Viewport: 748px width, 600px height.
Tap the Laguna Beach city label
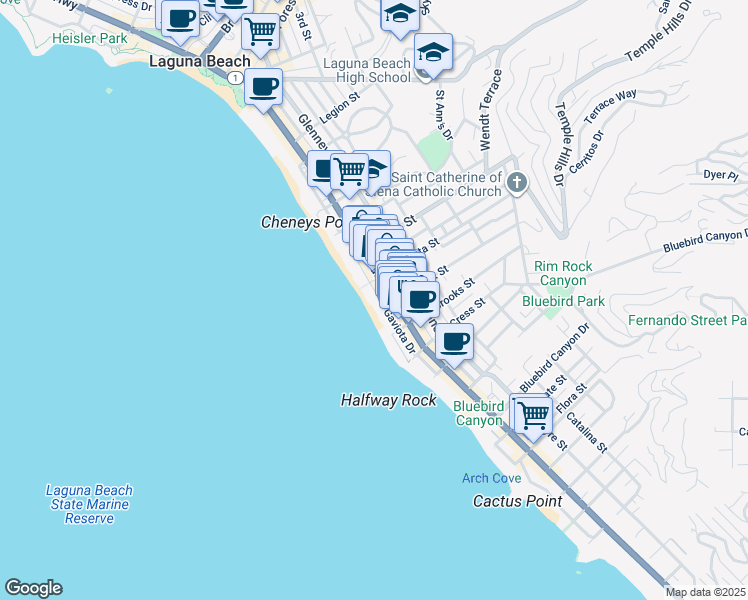[199, 61]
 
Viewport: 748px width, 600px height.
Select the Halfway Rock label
[389, 400]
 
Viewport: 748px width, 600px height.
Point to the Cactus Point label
[517, 501]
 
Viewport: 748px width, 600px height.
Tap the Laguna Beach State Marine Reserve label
[89, 504]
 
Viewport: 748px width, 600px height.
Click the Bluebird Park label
[563, 300]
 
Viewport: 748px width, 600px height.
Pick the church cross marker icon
[516, 181]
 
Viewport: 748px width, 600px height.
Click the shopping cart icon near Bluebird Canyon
[534, 413]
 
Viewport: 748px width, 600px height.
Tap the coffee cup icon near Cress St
[454, 342]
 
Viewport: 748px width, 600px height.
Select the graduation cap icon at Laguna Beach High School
[433, 52]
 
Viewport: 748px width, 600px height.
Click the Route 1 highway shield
[234, 78]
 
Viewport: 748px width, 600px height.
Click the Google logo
[33, 588]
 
